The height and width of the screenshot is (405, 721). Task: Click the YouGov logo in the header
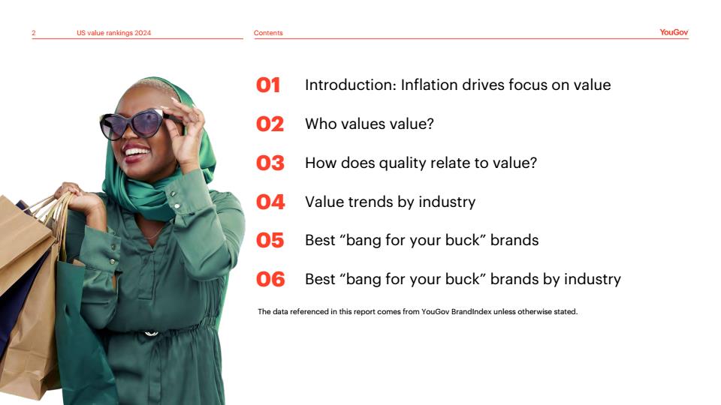tap(674, 32)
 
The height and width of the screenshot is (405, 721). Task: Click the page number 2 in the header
tap(34, 33)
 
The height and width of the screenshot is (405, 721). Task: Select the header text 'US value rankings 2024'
tap(113, 33)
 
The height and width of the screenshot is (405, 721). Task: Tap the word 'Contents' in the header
tap(268, 33)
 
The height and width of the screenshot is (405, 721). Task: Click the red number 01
tap(268, 85)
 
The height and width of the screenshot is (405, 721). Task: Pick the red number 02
tap(270, 124)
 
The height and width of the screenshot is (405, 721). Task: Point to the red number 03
tap(270, 163)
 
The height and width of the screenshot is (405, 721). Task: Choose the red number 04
tap(270, 202)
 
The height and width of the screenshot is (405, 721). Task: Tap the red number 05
tap(270, 241)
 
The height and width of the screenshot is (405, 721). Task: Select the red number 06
tap(270, 279)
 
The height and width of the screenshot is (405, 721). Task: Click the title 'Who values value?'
tap(370, 124)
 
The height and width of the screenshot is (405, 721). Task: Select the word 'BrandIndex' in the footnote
tap(472, 312)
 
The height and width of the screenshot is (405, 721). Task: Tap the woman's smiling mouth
tap(137, 153)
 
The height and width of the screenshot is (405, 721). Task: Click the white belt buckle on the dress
tap(151, 333)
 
